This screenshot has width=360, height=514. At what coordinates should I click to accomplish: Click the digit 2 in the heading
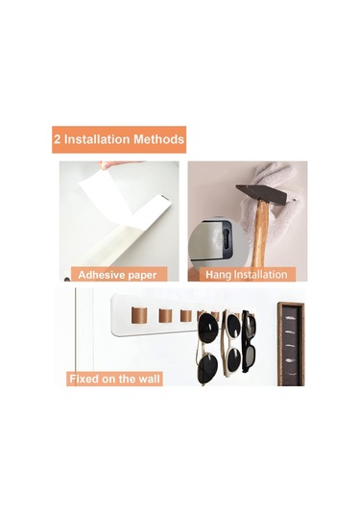coord(58,139)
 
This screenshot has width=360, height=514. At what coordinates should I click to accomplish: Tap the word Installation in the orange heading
coord(97,139)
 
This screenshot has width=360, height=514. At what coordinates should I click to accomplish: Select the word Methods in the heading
coord(158,139)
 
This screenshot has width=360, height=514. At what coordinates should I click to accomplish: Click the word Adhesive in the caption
coord(101,275)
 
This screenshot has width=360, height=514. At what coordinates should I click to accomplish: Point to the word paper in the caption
coord(142,276)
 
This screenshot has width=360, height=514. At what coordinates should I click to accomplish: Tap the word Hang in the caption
coord(218,275)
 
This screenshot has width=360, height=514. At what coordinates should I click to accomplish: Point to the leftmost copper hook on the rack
coord(139,315)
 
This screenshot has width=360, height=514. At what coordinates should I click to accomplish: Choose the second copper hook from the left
coord(165,315)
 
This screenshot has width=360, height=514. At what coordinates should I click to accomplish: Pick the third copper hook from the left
coord(186,316)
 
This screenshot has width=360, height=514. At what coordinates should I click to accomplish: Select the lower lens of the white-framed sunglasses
coord(234,359)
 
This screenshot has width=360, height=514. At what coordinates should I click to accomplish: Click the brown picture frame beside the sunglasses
coord(291,344)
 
